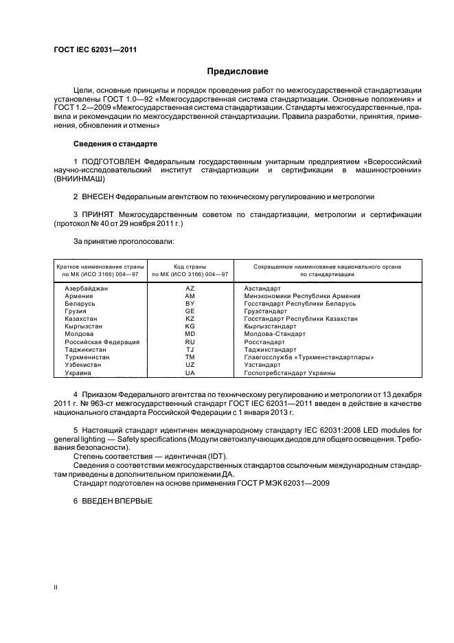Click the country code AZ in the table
pos(190,289)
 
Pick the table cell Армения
pos(79,296)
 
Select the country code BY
pos(190,304)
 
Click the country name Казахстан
pos(81,319)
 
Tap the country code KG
pos(190,326)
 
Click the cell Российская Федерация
pos(102,341)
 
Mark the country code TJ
pos(190,349)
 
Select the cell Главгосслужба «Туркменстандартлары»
pos(308,357)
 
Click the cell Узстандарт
pos(264,365)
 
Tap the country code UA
pos(190,372)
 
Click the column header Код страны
pos(190,266)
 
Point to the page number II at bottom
pos(56,587)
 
